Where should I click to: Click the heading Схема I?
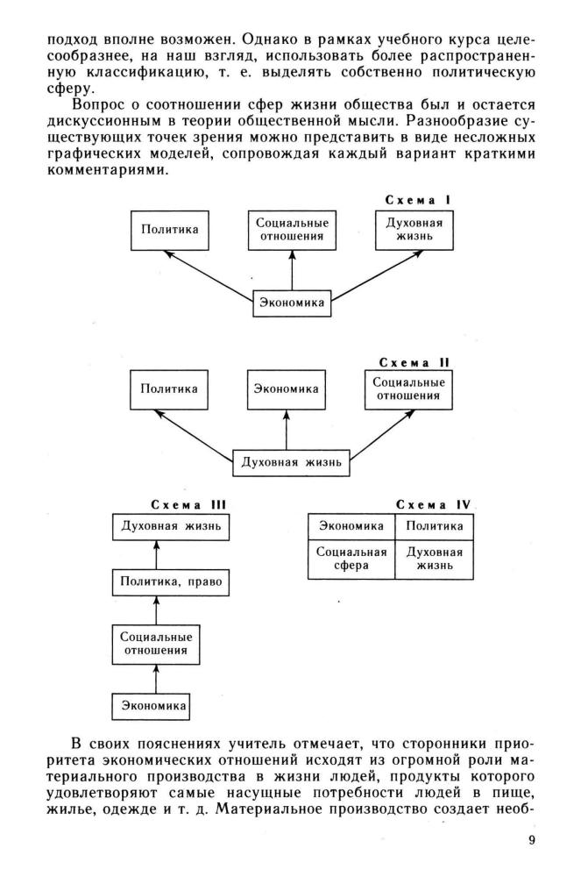pyautogui.click(x=418, y=200)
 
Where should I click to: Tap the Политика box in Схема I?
pyautogui.click(x=170, y=230)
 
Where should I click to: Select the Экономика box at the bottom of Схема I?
pyautogui.click(x=292, y=303)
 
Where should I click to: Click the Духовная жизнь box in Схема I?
pyautogui.click(x=414, y=230)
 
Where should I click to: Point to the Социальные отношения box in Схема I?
pyautogui.click(x=292, y=230)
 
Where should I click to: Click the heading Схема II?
pyautogui.click(x=414, y=362)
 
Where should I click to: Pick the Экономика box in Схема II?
pyautogui.click(x=286, y=389)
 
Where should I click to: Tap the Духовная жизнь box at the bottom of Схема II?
pyautogui.click(x=291, y=462)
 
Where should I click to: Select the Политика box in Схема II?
pyautogui.click(x=169, y=389)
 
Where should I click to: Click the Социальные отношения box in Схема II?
pyautogui.click(x=408, y=389)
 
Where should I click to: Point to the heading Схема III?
pyautogui.click(x=188, y=505)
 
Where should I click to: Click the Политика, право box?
pyautogui.click(x=171, y=582)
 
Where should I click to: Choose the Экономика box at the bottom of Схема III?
pyautogui.click(x=153, y=706)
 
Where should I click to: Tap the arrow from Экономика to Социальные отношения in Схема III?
pyautogui.click(x=156, y=679)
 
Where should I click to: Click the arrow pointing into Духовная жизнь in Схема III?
pyautogui.click(x=156, y=555)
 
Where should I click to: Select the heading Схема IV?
pyautogui.click(x=434, y=505)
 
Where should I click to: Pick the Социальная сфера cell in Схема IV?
pyautogui.click(x=351, y=560)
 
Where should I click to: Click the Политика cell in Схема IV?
pyautogui.click(x=434, y=527)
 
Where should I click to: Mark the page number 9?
pyautogui.click(x=531, y=841)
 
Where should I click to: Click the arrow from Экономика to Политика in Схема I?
pyautogui.click(x=208, y=275)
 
